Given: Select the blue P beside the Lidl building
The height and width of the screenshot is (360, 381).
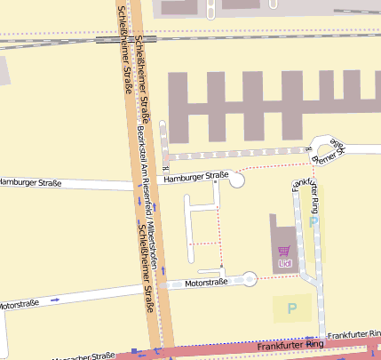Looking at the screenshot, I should [313, 221].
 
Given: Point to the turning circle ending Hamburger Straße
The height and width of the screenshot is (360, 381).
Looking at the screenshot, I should [237, 180].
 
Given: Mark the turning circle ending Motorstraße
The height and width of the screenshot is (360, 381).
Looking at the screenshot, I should [250, 279].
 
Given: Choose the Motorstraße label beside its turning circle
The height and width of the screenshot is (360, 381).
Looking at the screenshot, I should [206, 283].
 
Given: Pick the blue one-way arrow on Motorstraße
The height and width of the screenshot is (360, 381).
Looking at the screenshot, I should [55, 300].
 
